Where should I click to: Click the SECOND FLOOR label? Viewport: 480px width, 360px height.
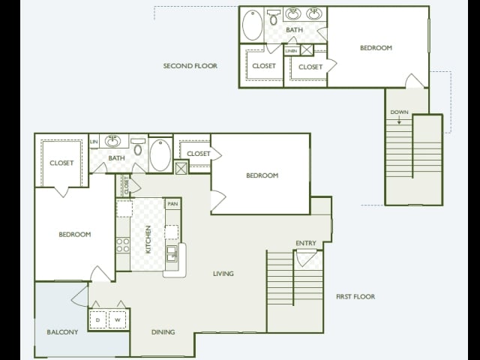point(190,66)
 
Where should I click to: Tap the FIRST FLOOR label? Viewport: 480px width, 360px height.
point(355,297)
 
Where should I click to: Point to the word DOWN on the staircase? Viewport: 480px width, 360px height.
point(399,112)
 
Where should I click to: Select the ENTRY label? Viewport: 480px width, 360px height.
point(306,243)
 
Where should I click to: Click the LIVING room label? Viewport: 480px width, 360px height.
point(223,274)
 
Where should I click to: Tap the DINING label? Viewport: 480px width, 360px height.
point(163,332)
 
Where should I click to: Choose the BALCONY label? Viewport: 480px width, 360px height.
point(62,332)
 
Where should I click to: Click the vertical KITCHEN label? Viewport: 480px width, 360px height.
point(148,238)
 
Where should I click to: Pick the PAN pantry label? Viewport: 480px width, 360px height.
point(172,204)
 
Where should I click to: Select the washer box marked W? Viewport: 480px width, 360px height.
point(118,320)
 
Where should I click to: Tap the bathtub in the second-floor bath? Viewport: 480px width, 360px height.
point(253,25)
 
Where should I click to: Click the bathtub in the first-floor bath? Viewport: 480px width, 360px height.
point(160,155)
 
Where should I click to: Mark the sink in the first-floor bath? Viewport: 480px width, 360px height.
point(112,141)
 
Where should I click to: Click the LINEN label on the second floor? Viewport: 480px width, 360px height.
point(292,51)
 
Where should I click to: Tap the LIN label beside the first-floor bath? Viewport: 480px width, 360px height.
point(94,142)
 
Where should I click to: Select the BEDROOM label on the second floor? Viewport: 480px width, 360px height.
point(376,48)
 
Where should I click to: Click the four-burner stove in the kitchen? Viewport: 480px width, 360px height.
point(123,245)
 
